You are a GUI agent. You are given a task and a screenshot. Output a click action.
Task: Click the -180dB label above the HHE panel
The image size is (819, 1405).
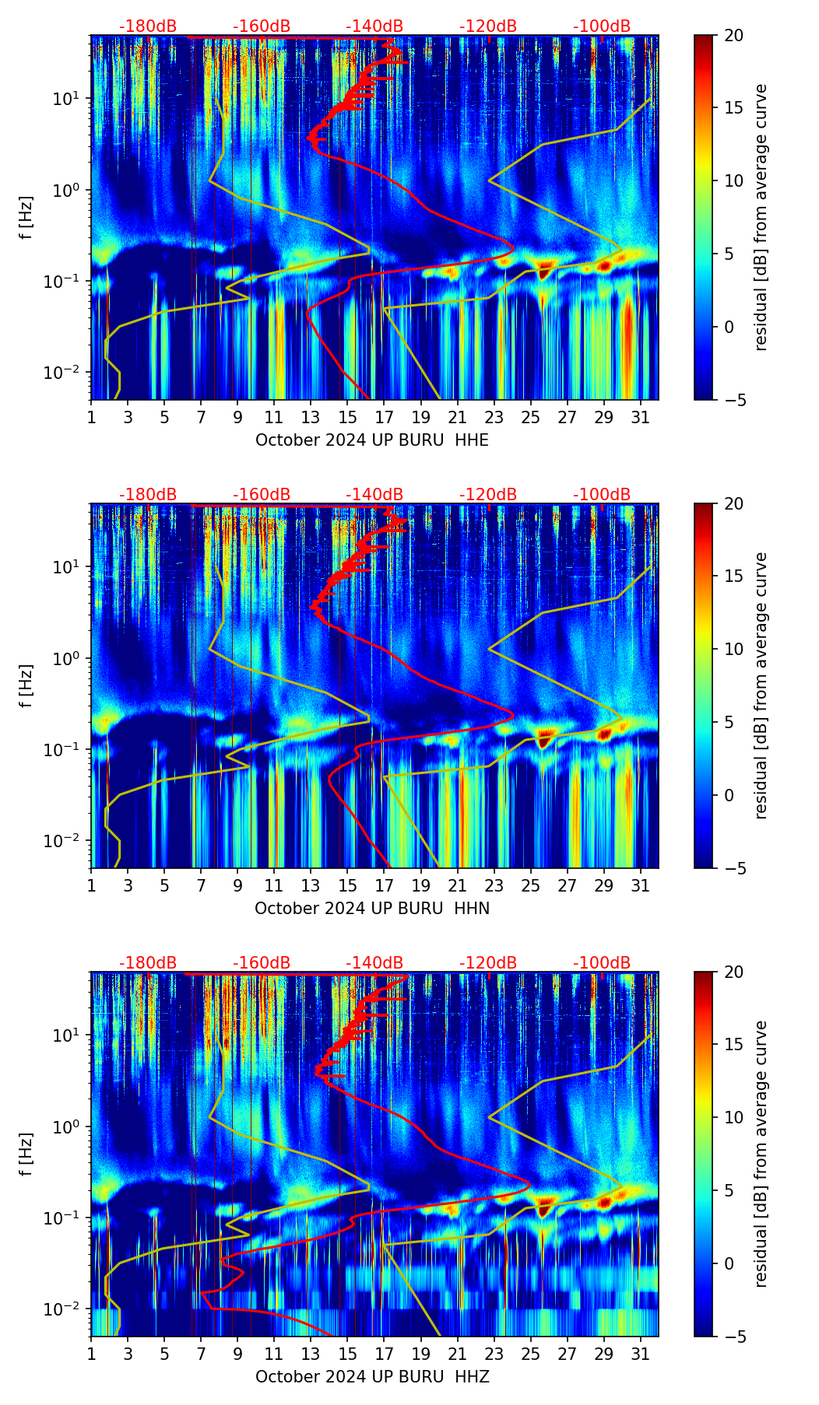148,26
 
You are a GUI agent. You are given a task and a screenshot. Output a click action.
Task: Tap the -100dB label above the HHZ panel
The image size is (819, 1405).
602,963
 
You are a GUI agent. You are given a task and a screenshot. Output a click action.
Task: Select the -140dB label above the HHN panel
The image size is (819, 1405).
374,495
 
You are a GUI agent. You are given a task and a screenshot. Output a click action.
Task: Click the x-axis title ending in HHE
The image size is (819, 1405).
372,440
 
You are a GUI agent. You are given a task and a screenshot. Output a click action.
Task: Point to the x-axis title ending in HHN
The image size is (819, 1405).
372,909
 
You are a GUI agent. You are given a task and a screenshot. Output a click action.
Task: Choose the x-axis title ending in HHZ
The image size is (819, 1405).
372,1377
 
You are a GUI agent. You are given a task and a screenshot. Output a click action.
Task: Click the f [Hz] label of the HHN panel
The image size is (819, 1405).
26,685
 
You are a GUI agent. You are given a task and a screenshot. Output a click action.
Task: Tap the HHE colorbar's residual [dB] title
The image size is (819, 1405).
761,217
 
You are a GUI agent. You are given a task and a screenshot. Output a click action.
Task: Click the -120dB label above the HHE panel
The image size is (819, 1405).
488,26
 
